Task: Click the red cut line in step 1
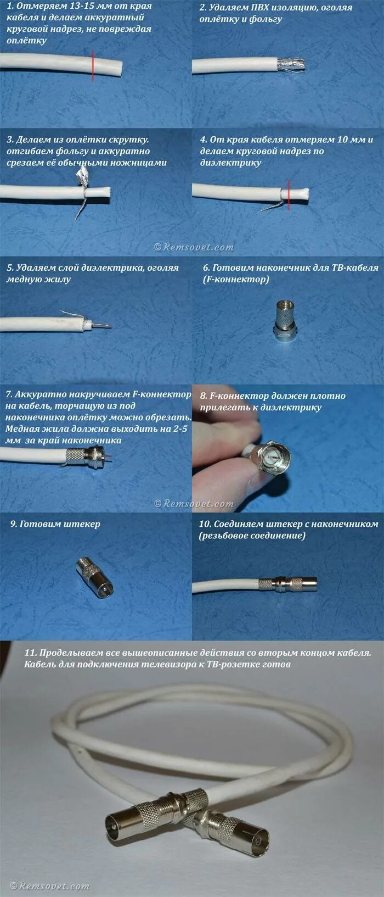(93, 66)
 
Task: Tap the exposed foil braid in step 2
(291, 65)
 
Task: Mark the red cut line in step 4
(289, 194)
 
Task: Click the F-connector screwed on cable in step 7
(86, 456)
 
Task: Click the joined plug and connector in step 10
(288, 584)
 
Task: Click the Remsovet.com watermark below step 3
(194, 247)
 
